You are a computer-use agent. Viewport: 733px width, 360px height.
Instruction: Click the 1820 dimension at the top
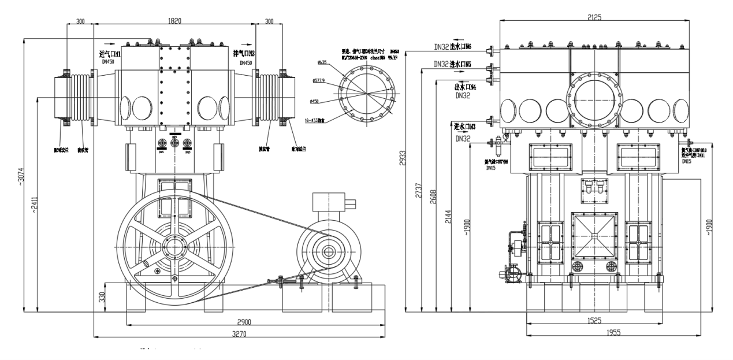click(x=174, y=21)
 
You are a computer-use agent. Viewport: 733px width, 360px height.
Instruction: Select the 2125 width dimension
click(x=593, y=17)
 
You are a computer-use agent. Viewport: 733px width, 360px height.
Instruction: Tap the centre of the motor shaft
click(x=328, y=251)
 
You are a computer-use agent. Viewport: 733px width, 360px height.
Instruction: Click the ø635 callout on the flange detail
click(x=322, y=62)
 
